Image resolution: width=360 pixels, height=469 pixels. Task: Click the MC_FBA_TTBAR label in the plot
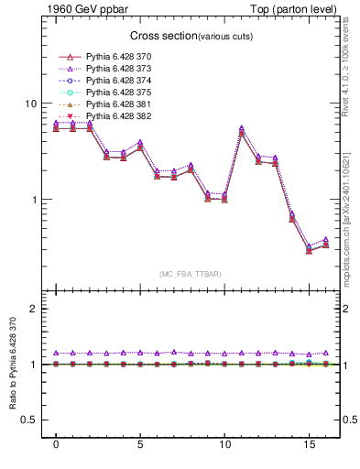(x=189, y=275)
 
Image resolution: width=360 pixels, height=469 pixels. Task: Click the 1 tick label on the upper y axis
(x=33, y=200)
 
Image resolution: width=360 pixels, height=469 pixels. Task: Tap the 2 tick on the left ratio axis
(x=33, y=309)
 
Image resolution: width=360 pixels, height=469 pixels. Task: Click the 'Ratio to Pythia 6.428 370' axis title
(x=11, y=364)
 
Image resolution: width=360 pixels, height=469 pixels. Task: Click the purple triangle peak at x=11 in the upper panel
(x=241, y=128)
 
